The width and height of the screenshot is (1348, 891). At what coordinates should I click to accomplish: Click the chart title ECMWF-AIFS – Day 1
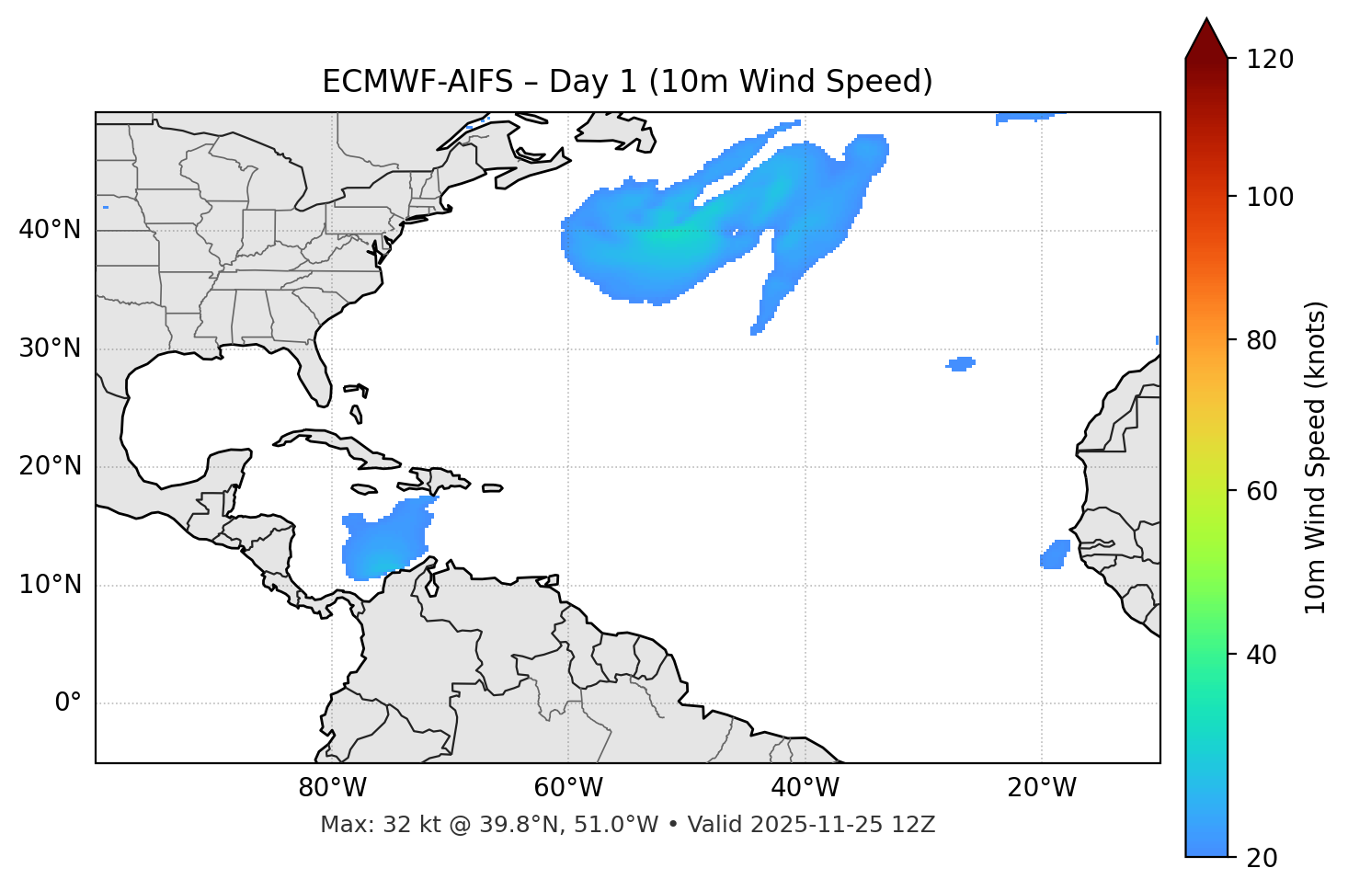pyautogui.click(x=627, y=82)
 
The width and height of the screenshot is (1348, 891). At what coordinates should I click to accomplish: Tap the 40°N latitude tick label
pyautogui.click(x=50, y=230)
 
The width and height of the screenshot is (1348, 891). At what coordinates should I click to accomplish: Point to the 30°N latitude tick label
pyautogui.click(x=50, y=348)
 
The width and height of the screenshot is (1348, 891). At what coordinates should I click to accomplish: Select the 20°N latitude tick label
pyautogui.click(x=50, y=466)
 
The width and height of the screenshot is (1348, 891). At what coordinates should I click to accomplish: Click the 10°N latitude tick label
pyautogui.click(x=50, y=585)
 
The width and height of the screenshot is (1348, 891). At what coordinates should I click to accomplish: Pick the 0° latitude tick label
pyautogui.click(x=68, y=703)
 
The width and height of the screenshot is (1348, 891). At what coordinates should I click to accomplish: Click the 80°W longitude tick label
pyautogui.click(x=332, y=788)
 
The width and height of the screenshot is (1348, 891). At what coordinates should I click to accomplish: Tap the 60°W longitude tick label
pyautogui.click(x=568, y=788)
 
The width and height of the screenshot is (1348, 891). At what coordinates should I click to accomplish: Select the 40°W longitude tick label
pyautogui.click(x=805, y=788)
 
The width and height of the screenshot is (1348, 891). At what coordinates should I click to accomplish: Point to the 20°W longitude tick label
pyautogui.click(x=1041, y=788)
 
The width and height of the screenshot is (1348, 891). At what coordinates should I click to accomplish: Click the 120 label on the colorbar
pyautogui.click(x=1270, y=60)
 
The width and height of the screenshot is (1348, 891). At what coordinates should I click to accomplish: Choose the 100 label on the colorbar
pyautogui.click(x=1270, y=197)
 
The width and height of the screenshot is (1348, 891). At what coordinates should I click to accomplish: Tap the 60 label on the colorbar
pyautogui.click(x=1260, y=491)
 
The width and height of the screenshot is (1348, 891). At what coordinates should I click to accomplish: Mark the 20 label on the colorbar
pyautogui.click(x=1260, y=858)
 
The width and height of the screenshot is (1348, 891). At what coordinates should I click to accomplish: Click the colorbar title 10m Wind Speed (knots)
pyautogui.click(x=1316, y=458)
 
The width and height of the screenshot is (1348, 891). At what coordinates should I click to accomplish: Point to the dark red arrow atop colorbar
pyautogui.click(x=1206, y=39)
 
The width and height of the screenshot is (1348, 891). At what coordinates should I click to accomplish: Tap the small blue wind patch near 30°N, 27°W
pyautogui.click(x=961, y=364)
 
